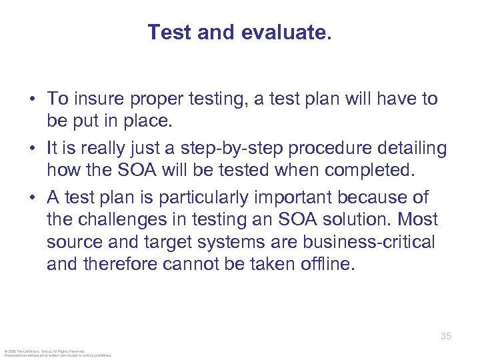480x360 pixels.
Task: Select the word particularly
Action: coord(226,198)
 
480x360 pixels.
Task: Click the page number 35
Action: coord(446,336)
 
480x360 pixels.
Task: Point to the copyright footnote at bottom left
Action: coord(58,353)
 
